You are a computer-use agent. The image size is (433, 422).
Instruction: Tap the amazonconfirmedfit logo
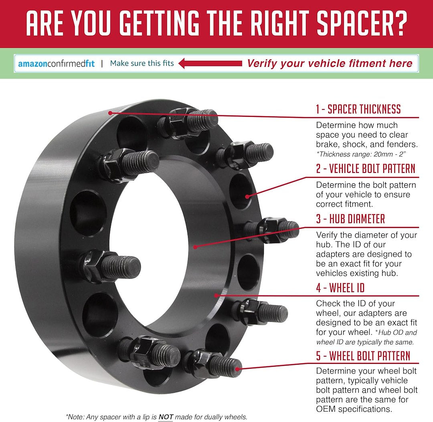(x=57, y=64)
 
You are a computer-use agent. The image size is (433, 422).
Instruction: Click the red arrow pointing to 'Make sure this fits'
(x=210, y=63)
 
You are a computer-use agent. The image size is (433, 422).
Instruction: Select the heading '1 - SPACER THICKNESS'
(x=358, y=109)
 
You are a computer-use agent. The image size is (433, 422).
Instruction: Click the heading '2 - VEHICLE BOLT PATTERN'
(x=366, y=168)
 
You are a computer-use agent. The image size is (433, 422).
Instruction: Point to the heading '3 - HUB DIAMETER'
(x=350, y=219)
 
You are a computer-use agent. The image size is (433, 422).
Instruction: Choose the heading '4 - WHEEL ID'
(x=340, y=288)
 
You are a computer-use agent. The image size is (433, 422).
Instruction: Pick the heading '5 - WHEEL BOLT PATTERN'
(x=363, y=356)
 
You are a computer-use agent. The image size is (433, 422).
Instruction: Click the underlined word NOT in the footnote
(x=166, y=417)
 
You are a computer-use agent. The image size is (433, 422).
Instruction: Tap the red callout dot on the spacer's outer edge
(x=110, y=113)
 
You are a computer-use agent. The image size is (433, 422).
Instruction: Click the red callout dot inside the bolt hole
(x=247, y=197)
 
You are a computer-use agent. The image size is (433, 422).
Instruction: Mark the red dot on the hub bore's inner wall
(x=195, y=247)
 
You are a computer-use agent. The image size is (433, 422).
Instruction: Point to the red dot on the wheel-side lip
(x=216, y=295)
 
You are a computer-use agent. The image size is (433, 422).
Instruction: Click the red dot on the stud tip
(x=237, y=369)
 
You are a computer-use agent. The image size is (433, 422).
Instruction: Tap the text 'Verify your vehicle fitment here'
(x=330, y=63)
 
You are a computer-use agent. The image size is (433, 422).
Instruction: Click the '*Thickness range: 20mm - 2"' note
(x=361, y=154)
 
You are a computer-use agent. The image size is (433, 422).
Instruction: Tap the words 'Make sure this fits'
(x=142, y=63)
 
